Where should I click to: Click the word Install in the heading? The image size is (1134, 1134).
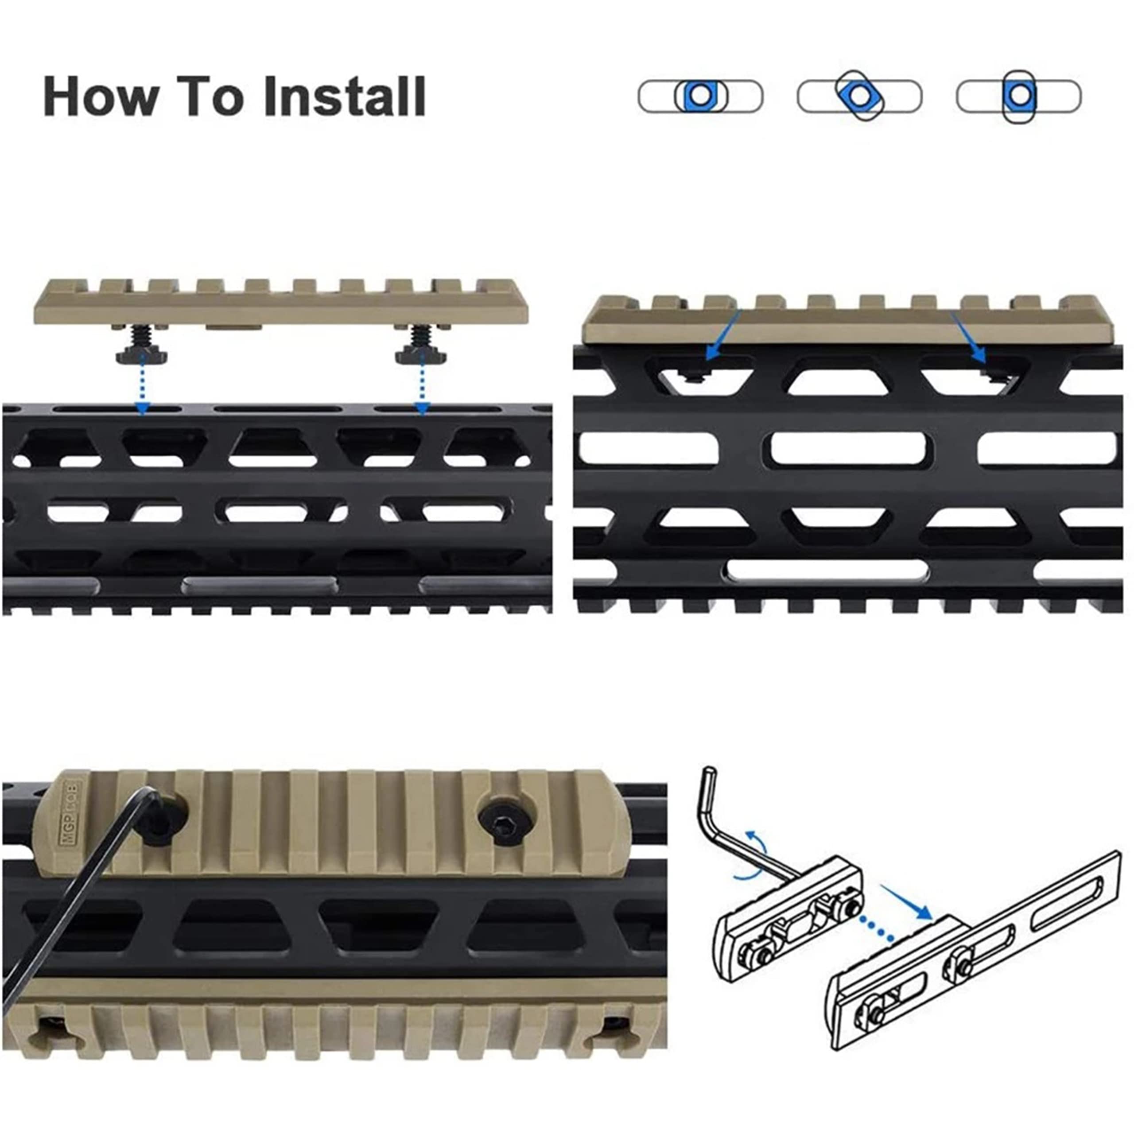[345, 96]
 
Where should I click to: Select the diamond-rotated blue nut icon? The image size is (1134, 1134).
[859, 96]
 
